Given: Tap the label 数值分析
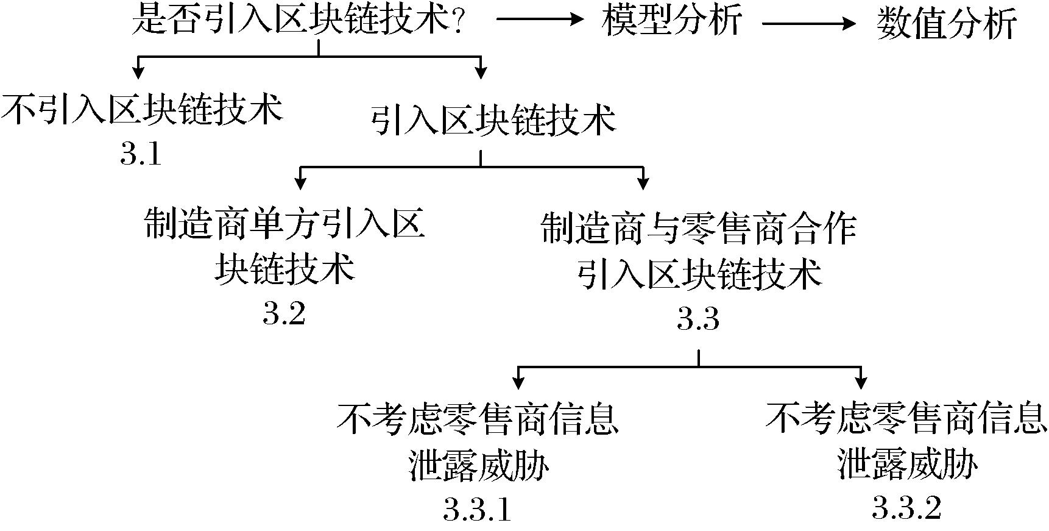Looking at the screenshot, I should [x=947, y=24].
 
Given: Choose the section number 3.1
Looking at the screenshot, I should [x=141, y=155].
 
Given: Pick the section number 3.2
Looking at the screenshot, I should [x=284, y=314].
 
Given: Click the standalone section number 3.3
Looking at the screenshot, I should [x=698, y=319].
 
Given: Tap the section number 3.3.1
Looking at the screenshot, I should [x=478, y=510].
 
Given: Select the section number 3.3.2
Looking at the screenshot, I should [x=906, y=507].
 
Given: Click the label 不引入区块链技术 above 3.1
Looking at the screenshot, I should [x=142, y=110].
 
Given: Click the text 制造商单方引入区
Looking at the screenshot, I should [x=284, y=224].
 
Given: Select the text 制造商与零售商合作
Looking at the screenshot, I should [x=699, y=229].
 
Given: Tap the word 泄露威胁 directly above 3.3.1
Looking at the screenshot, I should [x=479, y=466].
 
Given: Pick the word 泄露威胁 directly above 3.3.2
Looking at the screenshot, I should [x=907, y=466].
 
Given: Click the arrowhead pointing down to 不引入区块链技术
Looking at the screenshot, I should [x=138, y=73].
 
